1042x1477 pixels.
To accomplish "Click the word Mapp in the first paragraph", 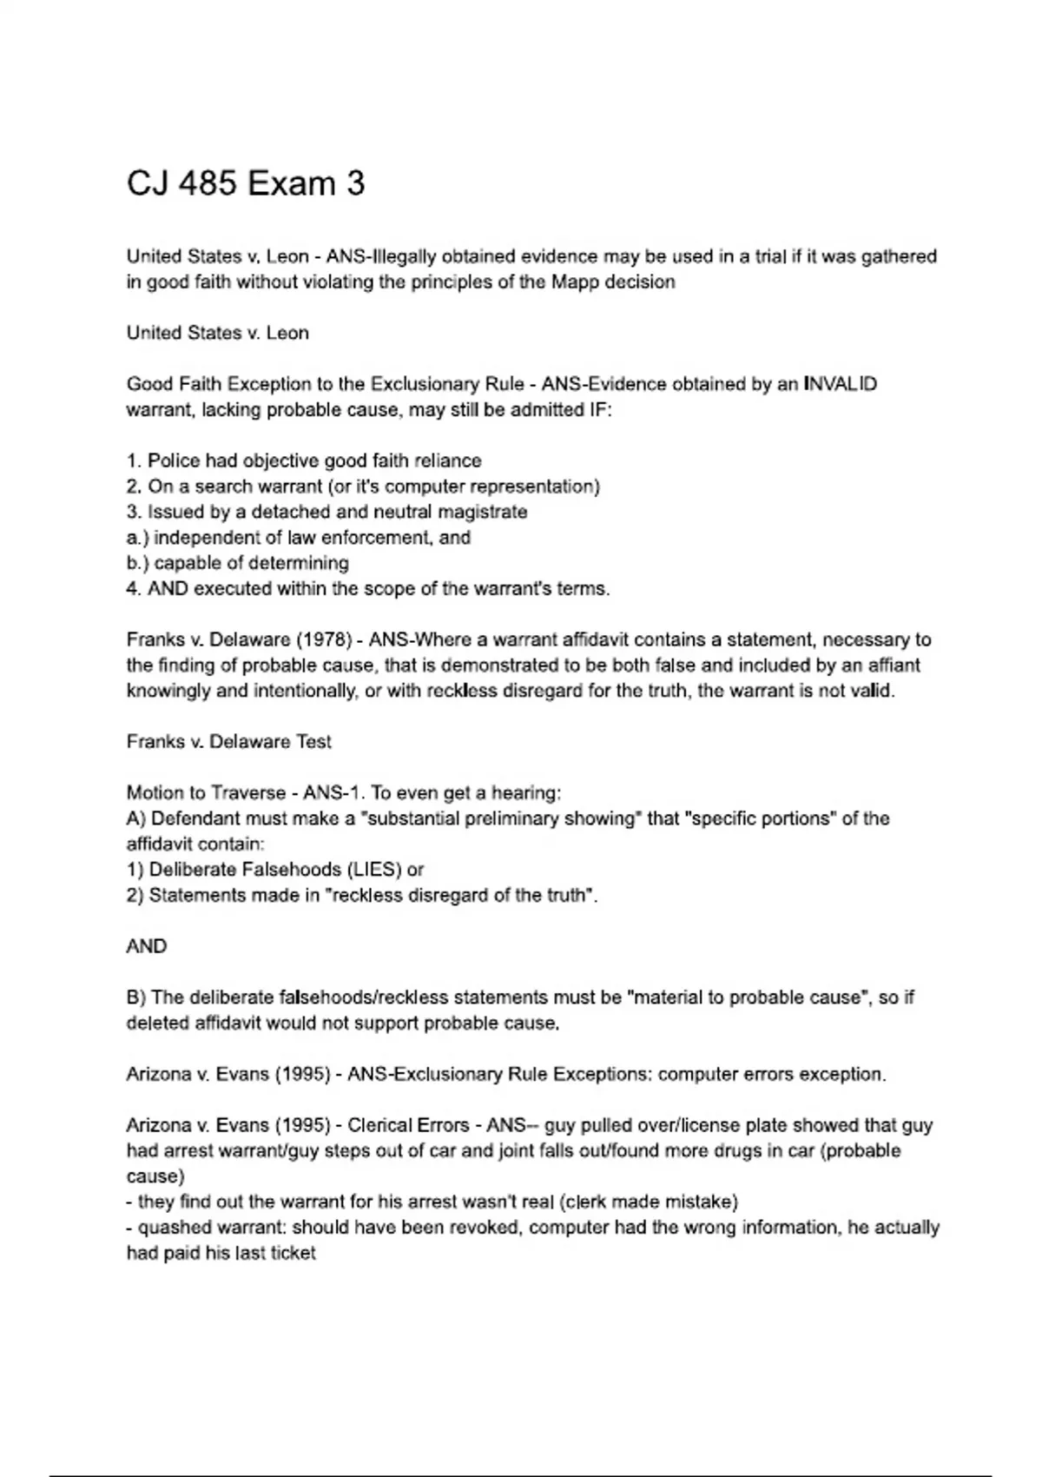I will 575,281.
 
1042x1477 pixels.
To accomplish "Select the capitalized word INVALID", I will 841,384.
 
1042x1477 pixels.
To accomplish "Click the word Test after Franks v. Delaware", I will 313,742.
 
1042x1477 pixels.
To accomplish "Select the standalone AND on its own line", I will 147,946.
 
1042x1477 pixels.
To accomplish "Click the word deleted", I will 158,1023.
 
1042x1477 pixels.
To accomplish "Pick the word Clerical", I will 381,1125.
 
